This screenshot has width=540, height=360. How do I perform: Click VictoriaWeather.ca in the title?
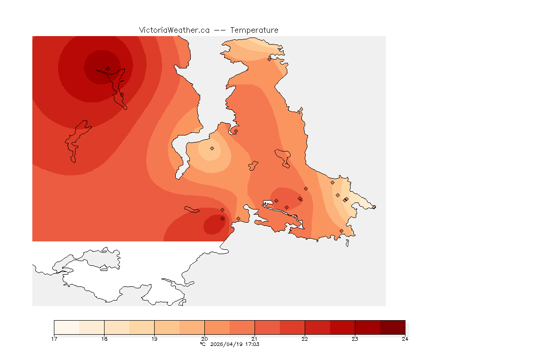[x=174, y=30]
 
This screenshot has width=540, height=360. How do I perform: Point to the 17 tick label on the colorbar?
[x=54, y=339]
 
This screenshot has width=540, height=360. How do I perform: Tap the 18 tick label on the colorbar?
[x=104, y=339]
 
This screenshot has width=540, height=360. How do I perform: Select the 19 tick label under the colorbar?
[x=154, y=339]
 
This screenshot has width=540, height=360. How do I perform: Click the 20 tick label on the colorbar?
[x=204, y=339]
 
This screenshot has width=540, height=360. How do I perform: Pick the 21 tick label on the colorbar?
[x=255, y=339]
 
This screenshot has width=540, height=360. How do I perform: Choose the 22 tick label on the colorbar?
[x=305, y=339]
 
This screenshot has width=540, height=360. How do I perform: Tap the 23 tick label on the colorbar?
[x=355, y=339]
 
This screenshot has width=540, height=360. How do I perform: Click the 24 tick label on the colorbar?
[x=405, y=339]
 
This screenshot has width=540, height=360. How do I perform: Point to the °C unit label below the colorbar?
[x=202, y=344]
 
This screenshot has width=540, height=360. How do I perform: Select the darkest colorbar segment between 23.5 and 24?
[x=392, y=327]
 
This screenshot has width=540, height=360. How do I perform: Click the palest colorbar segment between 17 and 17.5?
[x=67, y=327]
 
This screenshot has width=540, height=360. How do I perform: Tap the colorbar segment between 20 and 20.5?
[x=217, y=327]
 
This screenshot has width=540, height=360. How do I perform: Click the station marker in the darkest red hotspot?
[x=108, y=68]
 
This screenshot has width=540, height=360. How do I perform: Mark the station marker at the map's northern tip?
[x=269, y=59]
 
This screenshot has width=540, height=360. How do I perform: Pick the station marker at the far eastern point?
[x=374, y=207]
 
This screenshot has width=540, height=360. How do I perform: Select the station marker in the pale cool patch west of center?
[x=212, y=148]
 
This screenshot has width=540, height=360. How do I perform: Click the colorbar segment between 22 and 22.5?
[x=317, y=327]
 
